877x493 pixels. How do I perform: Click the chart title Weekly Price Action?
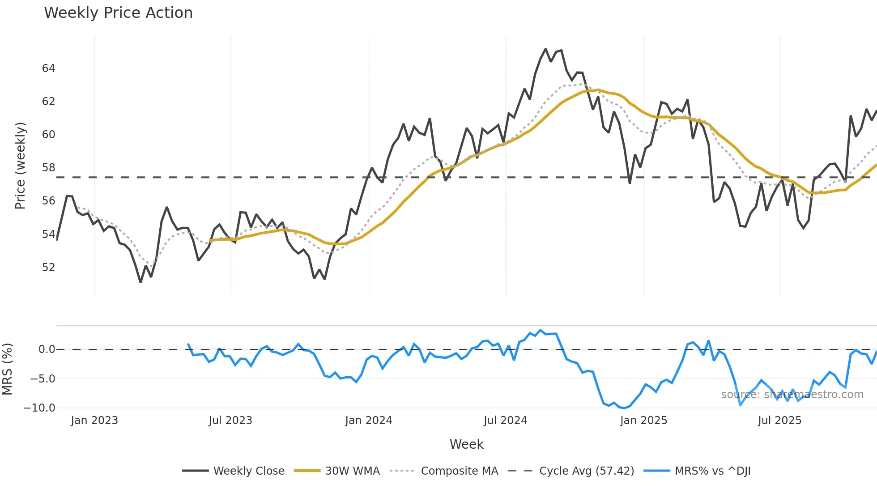118,13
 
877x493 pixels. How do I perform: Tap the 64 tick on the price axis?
48,68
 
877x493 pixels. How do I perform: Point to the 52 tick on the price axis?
48,268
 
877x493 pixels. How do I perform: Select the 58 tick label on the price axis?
48,168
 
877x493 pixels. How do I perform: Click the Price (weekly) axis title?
20,166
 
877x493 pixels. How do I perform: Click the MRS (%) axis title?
7,369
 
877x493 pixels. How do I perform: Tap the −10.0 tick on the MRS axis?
39,408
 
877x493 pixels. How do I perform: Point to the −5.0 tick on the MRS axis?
43,379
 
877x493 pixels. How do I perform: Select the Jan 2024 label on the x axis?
368,421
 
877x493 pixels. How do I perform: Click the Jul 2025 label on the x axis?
779,421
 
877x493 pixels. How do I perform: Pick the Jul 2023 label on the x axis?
230,421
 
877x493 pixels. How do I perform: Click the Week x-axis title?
466,444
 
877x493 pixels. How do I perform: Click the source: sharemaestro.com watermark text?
792,395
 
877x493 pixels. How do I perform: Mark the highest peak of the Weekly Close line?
545,49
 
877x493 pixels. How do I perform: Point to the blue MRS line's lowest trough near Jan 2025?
625,408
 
